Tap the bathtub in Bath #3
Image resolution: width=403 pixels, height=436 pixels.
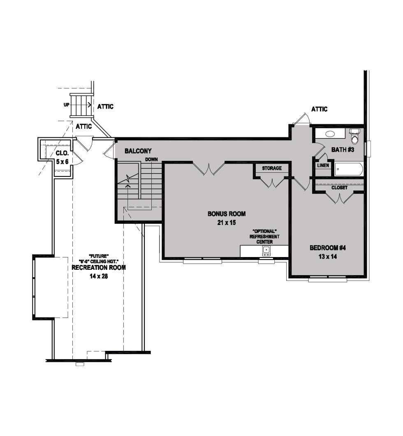coord(349,169)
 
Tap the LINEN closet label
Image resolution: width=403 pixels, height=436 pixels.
coord(323,165)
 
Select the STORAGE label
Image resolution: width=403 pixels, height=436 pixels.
coord(272,168)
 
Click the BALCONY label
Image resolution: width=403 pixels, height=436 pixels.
coord(138,151)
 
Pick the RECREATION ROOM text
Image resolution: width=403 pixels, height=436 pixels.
coord(99,267)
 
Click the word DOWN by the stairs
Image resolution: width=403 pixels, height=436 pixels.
coord(151,159)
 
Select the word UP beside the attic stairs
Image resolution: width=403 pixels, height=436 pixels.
coord(66,105)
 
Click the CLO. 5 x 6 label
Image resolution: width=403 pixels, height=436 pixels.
coord(63,158)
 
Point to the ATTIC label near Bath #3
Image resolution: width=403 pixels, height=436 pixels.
coord(319,109)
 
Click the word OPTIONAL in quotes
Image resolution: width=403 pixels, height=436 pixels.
coord(264,232)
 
